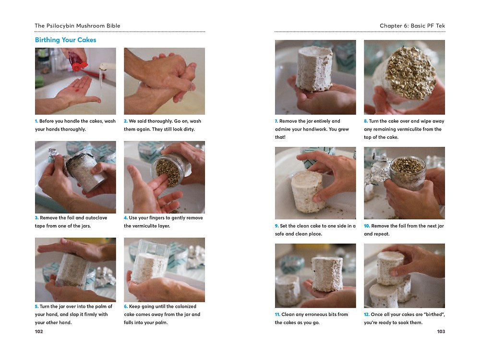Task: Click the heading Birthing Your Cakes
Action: (x=65, y=40)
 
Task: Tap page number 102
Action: (x=39, y=331)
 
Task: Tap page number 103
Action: (x=441, y=331)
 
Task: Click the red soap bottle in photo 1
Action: (x=77, y=60)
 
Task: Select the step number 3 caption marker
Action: (x=37, y=217)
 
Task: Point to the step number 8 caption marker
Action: (x=366, y=121)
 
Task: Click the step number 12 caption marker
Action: (x=367, y=314)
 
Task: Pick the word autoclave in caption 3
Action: (x=96, y=217)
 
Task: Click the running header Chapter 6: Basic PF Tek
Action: (x=412, y=26)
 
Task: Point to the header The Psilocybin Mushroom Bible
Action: (x=77, y=26)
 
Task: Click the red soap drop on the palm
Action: (x=77, y=91)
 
